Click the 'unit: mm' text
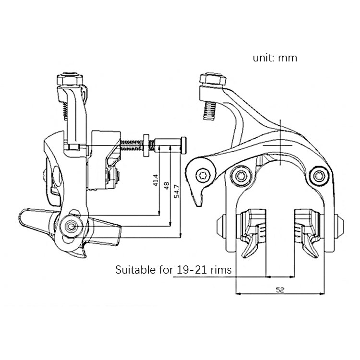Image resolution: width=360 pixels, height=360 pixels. click(275, 58)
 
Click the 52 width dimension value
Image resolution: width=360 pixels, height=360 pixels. click(279, 290)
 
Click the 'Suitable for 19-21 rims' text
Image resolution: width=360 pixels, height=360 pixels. click(173, 270)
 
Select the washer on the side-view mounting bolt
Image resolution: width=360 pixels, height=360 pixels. click(144, 145)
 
